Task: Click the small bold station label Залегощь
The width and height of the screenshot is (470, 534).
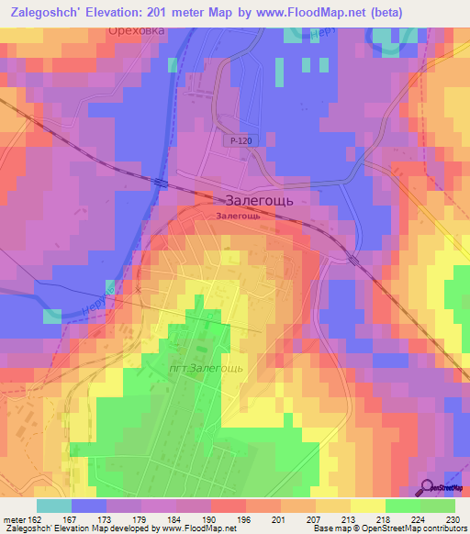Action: coord(244,217)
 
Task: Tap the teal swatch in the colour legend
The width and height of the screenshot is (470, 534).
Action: coord(54,506)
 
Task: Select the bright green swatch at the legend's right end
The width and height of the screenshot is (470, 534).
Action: coord(438,506)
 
